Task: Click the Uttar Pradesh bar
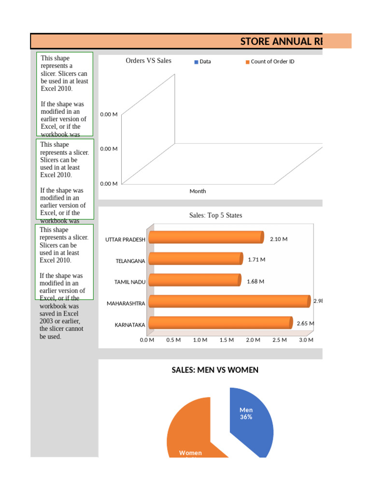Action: pyautogui.click(x=206, y=237)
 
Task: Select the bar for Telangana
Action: pyautogui.click(x=195, y=259)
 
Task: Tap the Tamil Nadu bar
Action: pyautogui.click(x=194, y=280)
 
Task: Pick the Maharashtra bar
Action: pyautogui.click(x=229, y=302)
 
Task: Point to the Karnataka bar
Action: pyautogui.click(x=220, y=323)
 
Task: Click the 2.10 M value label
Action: pyautogui.click(x=279, y=239)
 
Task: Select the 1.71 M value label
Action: pyautogui.click(x=257, y=260)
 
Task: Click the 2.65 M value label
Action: pyautogui.click(x=305, y=323)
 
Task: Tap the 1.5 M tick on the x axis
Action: pyautogui.click(x=227, y=340)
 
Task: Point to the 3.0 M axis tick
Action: pyautogui.click(x=306, y=340)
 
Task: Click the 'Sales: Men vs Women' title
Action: pyautogui.click(x=215, y=370)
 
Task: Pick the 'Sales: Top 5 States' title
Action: pyautogui.click(x=215, y=216)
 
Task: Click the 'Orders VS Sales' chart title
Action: pyautogui.click(x=148, y=61)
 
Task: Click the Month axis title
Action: pyautogui.click(x=198, y=192)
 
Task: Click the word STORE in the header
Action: pyautogui.click(x=255, y=41)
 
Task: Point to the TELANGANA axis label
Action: pyautogui.click(x=130, y=261)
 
